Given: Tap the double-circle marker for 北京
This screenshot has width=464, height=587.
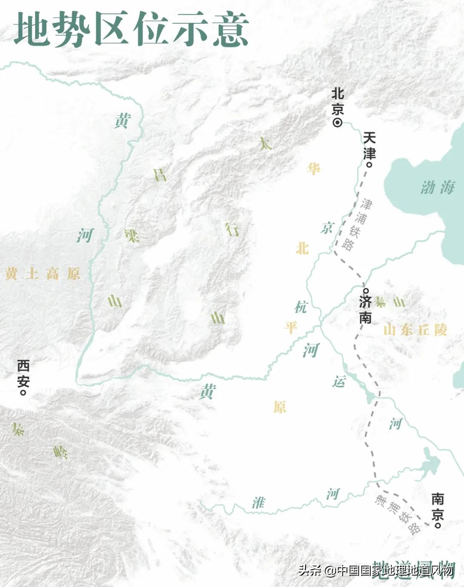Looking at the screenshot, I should coord(338,123).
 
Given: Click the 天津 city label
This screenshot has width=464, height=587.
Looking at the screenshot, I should coord(369,146).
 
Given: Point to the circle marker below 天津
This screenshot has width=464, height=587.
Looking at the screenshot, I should coord(369,164).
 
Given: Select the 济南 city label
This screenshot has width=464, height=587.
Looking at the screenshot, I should coord(365,309).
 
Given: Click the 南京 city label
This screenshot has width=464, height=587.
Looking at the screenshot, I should coord(437,506).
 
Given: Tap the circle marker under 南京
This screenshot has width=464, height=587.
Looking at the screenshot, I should coord(438,525).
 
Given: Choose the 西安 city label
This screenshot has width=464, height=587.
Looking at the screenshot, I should coord(23,374).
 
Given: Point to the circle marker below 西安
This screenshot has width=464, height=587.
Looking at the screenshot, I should coord(24,392).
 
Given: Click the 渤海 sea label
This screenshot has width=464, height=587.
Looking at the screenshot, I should coord(437,187).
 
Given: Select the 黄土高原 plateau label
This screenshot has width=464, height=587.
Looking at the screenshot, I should coord(43,274).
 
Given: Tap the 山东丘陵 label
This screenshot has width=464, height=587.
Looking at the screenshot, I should coord(415,330).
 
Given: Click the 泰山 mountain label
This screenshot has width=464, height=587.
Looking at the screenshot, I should coord(389,302).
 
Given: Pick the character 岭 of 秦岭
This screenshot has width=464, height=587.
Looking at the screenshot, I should coord(61,452).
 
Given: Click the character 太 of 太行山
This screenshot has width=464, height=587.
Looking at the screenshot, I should coord(265,143).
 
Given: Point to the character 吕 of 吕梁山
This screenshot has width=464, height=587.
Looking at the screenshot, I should coord(160,175).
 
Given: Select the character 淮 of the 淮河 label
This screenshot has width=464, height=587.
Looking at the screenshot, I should coord(258,502).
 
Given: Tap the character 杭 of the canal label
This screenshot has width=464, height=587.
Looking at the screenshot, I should coord(301,307).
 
